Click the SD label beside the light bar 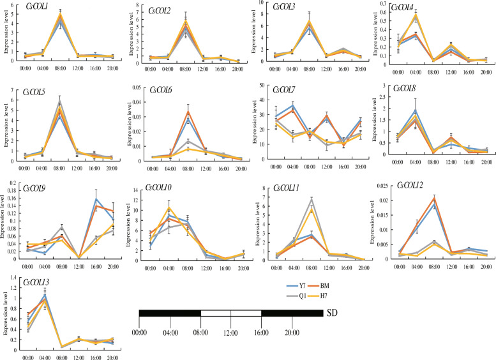332,313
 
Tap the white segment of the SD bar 230,313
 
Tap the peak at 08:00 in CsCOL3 309,22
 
